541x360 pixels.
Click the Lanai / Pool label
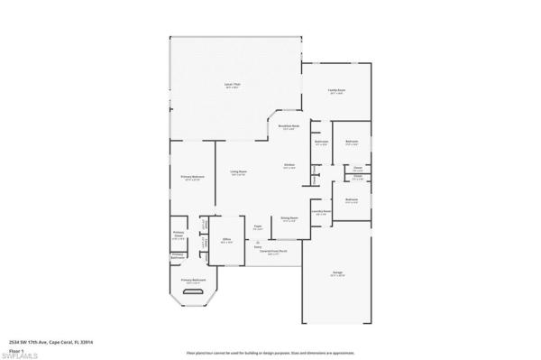point(232,85)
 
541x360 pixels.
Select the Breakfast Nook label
point(289,127)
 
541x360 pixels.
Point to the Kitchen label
point(289,165)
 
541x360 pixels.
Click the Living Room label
point(238,172)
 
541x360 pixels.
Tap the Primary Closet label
point(179,235)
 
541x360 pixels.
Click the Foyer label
point(258,227)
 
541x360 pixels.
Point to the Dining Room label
point(289,219)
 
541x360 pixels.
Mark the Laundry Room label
point(321,212)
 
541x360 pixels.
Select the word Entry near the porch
point(258,246)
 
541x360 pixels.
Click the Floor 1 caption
point(14,349)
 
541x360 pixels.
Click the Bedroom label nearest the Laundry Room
point(352,200)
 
